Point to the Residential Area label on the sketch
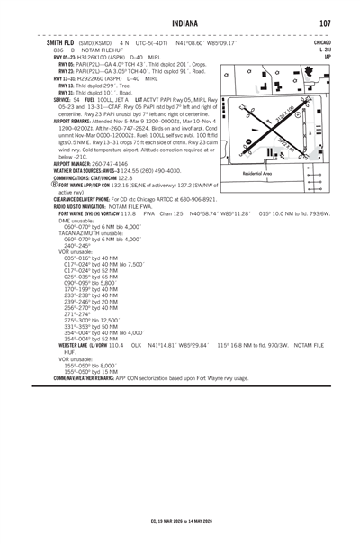(x=258, y=172)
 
